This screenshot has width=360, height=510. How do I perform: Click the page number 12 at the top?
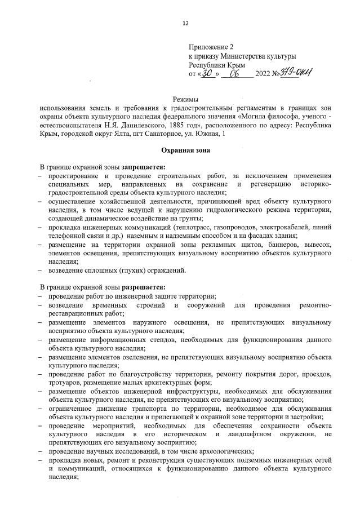[185, 23]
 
